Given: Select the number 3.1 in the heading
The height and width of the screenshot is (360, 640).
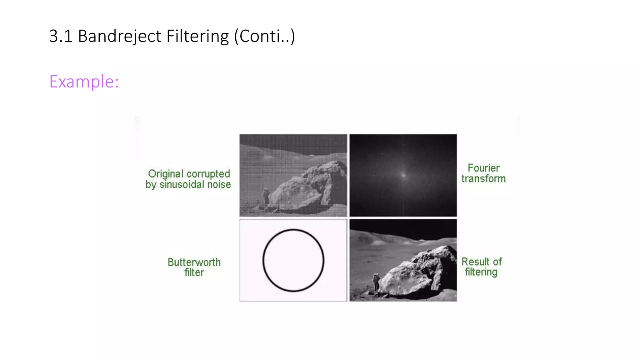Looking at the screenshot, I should [61, 36].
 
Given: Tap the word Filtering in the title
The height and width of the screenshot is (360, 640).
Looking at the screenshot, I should [197, 36].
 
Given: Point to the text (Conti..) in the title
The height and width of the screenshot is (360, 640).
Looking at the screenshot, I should [265, 36].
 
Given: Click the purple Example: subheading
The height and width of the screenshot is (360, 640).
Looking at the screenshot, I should [84, 82].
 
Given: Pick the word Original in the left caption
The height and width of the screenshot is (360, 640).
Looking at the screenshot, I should [166, 174].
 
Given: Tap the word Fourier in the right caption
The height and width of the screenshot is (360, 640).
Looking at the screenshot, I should [483, 168].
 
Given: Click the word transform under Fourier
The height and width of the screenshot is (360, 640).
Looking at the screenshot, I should [483, 179].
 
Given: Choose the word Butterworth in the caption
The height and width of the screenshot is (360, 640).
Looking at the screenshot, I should [194, 262].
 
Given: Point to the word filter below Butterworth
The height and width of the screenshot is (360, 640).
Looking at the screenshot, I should [194, 272].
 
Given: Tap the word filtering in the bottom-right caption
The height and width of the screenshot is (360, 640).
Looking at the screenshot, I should [481, 272].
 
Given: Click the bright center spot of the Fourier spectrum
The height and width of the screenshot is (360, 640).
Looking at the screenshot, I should [403, 175].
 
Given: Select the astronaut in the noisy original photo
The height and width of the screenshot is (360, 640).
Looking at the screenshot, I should [266, 196].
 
